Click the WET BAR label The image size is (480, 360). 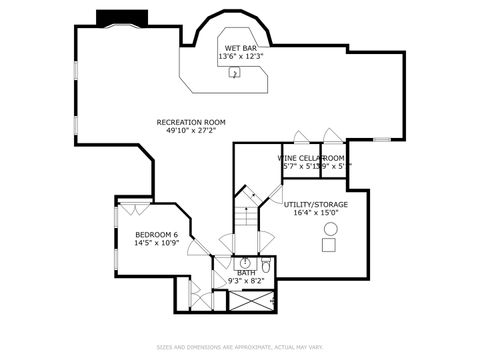(241, 48)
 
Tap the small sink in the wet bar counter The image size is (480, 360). (234, 74)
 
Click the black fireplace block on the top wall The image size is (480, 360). (122, 18)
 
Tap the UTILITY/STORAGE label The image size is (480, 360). (316, 204)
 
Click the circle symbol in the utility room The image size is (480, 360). (331, 229)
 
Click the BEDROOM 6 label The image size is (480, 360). (156, 234)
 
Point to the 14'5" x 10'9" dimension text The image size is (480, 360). (156, 243)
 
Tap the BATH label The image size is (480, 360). (245, 273)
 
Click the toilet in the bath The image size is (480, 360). (266, 266)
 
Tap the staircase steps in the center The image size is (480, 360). (245, 215)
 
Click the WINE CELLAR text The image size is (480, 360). (311, 158)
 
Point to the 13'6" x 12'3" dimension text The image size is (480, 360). (241, 57)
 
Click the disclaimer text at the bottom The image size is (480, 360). (240, 347)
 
